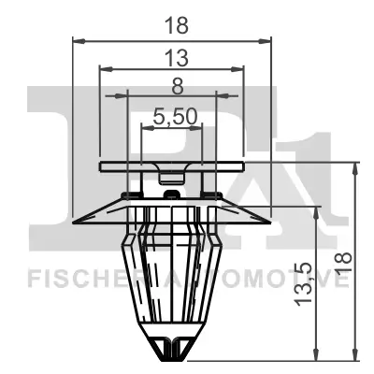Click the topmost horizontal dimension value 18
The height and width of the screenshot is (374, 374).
click(x=171, y=26)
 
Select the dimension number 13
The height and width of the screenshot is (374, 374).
click(x=173, y=58)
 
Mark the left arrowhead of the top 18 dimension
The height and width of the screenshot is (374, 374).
click(x=77, y=40)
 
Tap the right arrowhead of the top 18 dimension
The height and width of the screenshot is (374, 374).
click(x=267, y=40)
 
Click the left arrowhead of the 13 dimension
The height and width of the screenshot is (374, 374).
click(x=104, y=68)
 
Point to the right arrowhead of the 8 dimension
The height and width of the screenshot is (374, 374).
click(x=213, y=94)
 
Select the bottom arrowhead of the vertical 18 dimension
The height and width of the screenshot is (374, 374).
click(x=356, y=356)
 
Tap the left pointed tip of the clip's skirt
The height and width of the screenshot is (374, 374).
click(x=75, y=222)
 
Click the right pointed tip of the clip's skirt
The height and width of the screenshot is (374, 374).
click(x=269, y=222)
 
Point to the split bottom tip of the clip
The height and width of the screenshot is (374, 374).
click(x=172, y=353)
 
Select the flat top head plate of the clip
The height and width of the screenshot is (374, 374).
click(x=172, y=165)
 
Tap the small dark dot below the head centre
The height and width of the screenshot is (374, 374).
click(x=172, y=194)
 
